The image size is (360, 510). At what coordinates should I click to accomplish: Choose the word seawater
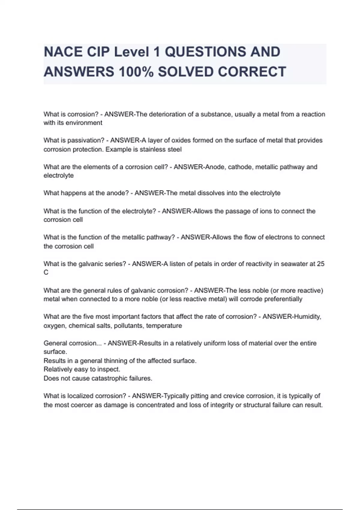click(x=294, y=264)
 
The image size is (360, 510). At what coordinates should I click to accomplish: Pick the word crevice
click(x=234, y=396)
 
